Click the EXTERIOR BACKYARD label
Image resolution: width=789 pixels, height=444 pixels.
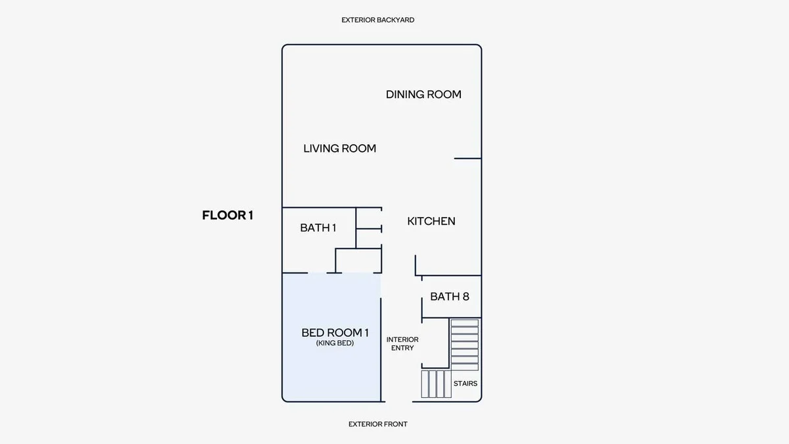point(377,20)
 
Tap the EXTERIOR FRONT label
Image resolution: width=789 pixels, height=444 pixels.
point(377,424)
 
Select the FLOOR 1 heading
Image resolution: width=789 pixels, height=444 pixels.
point(227,215)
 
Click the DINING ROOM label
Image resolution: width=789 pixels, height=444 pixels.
point(423,95)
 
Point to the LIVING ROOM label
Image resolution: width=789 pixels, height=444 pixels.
point(339,149)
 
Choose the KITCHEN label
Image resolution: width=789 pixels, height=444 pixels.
point(431,221)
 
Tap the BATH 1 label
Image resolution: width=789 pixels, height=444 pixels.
point(318,228)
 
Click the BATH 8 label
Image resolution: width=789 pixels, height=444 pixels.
point(450,297)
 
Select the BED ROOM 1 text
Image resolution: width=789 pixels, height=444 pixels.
point(335,333)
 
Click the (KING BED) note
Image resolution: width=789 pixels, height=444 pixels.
point(335,343)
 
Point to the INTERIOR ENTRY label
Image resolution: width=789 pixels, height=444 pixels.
point(402,343)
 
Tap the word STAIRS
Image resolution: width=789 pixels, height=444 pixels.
point(466,383)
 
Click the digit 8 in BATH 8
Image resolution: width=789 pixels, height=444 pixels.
point(466,297)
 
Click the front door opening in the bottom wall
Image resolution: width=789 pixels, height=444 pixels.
point(398,401)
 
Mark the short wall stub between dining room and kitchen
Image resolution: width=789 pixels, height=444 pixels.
point(467,159)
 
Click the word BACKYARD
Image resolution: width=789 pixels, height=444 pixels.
point(396,20)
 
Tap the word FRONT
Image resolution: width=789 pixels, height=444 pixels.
point(396,424)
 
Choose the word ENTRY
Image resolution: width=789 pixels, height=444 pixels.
point(402,348)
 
